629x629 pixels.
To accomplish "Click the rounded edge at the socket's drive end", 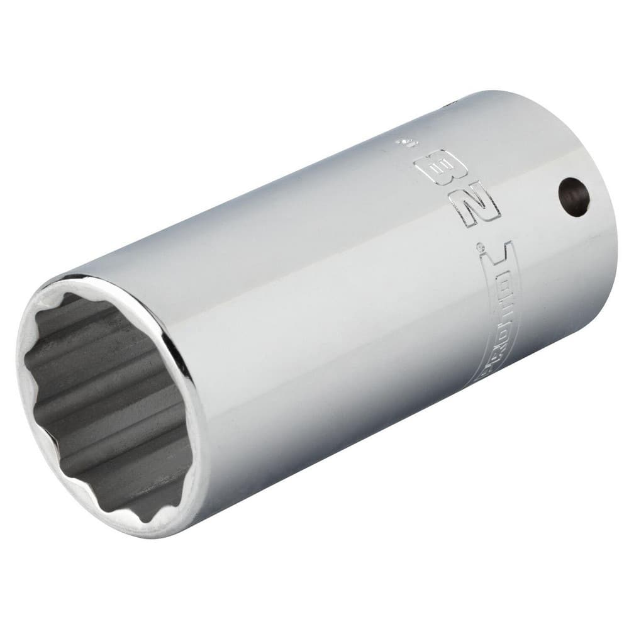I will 610,239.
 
